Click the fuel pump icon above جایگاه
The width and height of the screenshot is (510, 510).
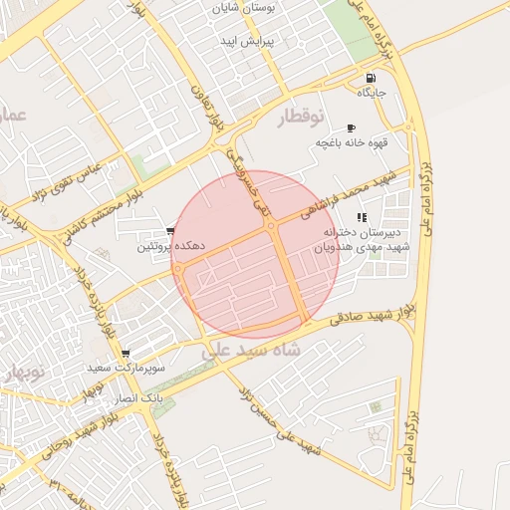click(372, 79)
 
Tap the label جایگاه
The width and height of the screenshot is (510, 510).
click(373, 94)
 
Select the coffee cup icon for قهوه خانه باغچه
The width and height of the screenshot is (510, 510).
click(351, 128)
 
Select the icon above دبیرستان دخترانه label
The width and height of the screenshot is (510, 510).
click(362, 216)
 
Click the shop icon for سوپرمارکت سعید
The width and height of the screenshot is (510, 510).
click(125, 354)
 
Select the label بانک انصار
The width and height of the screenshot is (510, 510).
click(137, 397)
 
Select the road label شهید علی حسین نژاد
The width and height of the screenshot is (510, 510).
click(283, 426)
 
